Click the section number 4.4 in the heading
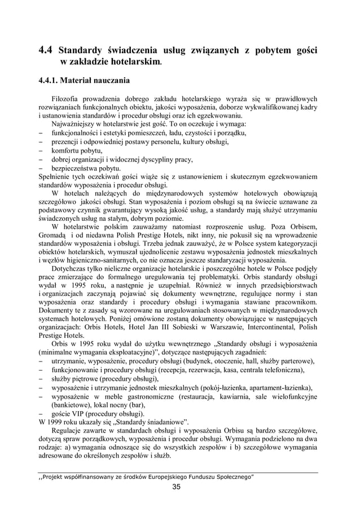pos(46,51)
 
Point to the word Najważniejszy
pos(76,124)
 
